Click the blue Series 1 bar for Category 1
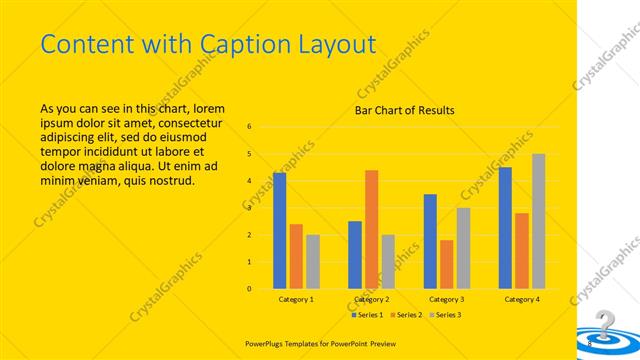[x=279, y=231]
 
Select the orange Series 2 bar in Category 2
[x=371, y=230]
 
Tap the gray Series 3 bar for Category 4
[x=538, y=221]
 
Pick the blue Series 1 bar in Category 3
[x=430, y=241]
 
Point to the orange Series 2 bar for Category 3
[x=446, y=264]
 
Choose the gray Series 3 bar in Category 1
[x=313, y=262]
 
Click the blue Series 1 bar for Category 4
[x=505, y=228]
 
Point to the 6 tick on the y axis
[x=250, y=127]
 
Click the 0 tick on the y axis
[x=250, y=289]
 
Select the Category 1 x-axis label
[x=296, y=299]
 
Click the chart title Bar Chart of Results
[x=405, y=110]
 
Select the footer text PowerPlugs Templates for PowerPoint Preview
[x=315, y=340]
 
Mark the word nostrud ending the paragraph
[x=170, y=181]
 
